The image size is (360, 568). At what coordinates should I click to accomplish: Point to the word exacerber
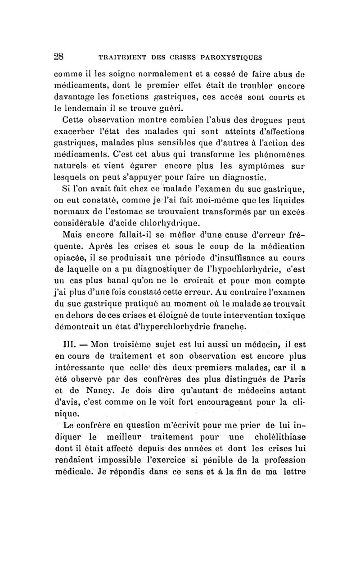(x=75, y=131)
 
